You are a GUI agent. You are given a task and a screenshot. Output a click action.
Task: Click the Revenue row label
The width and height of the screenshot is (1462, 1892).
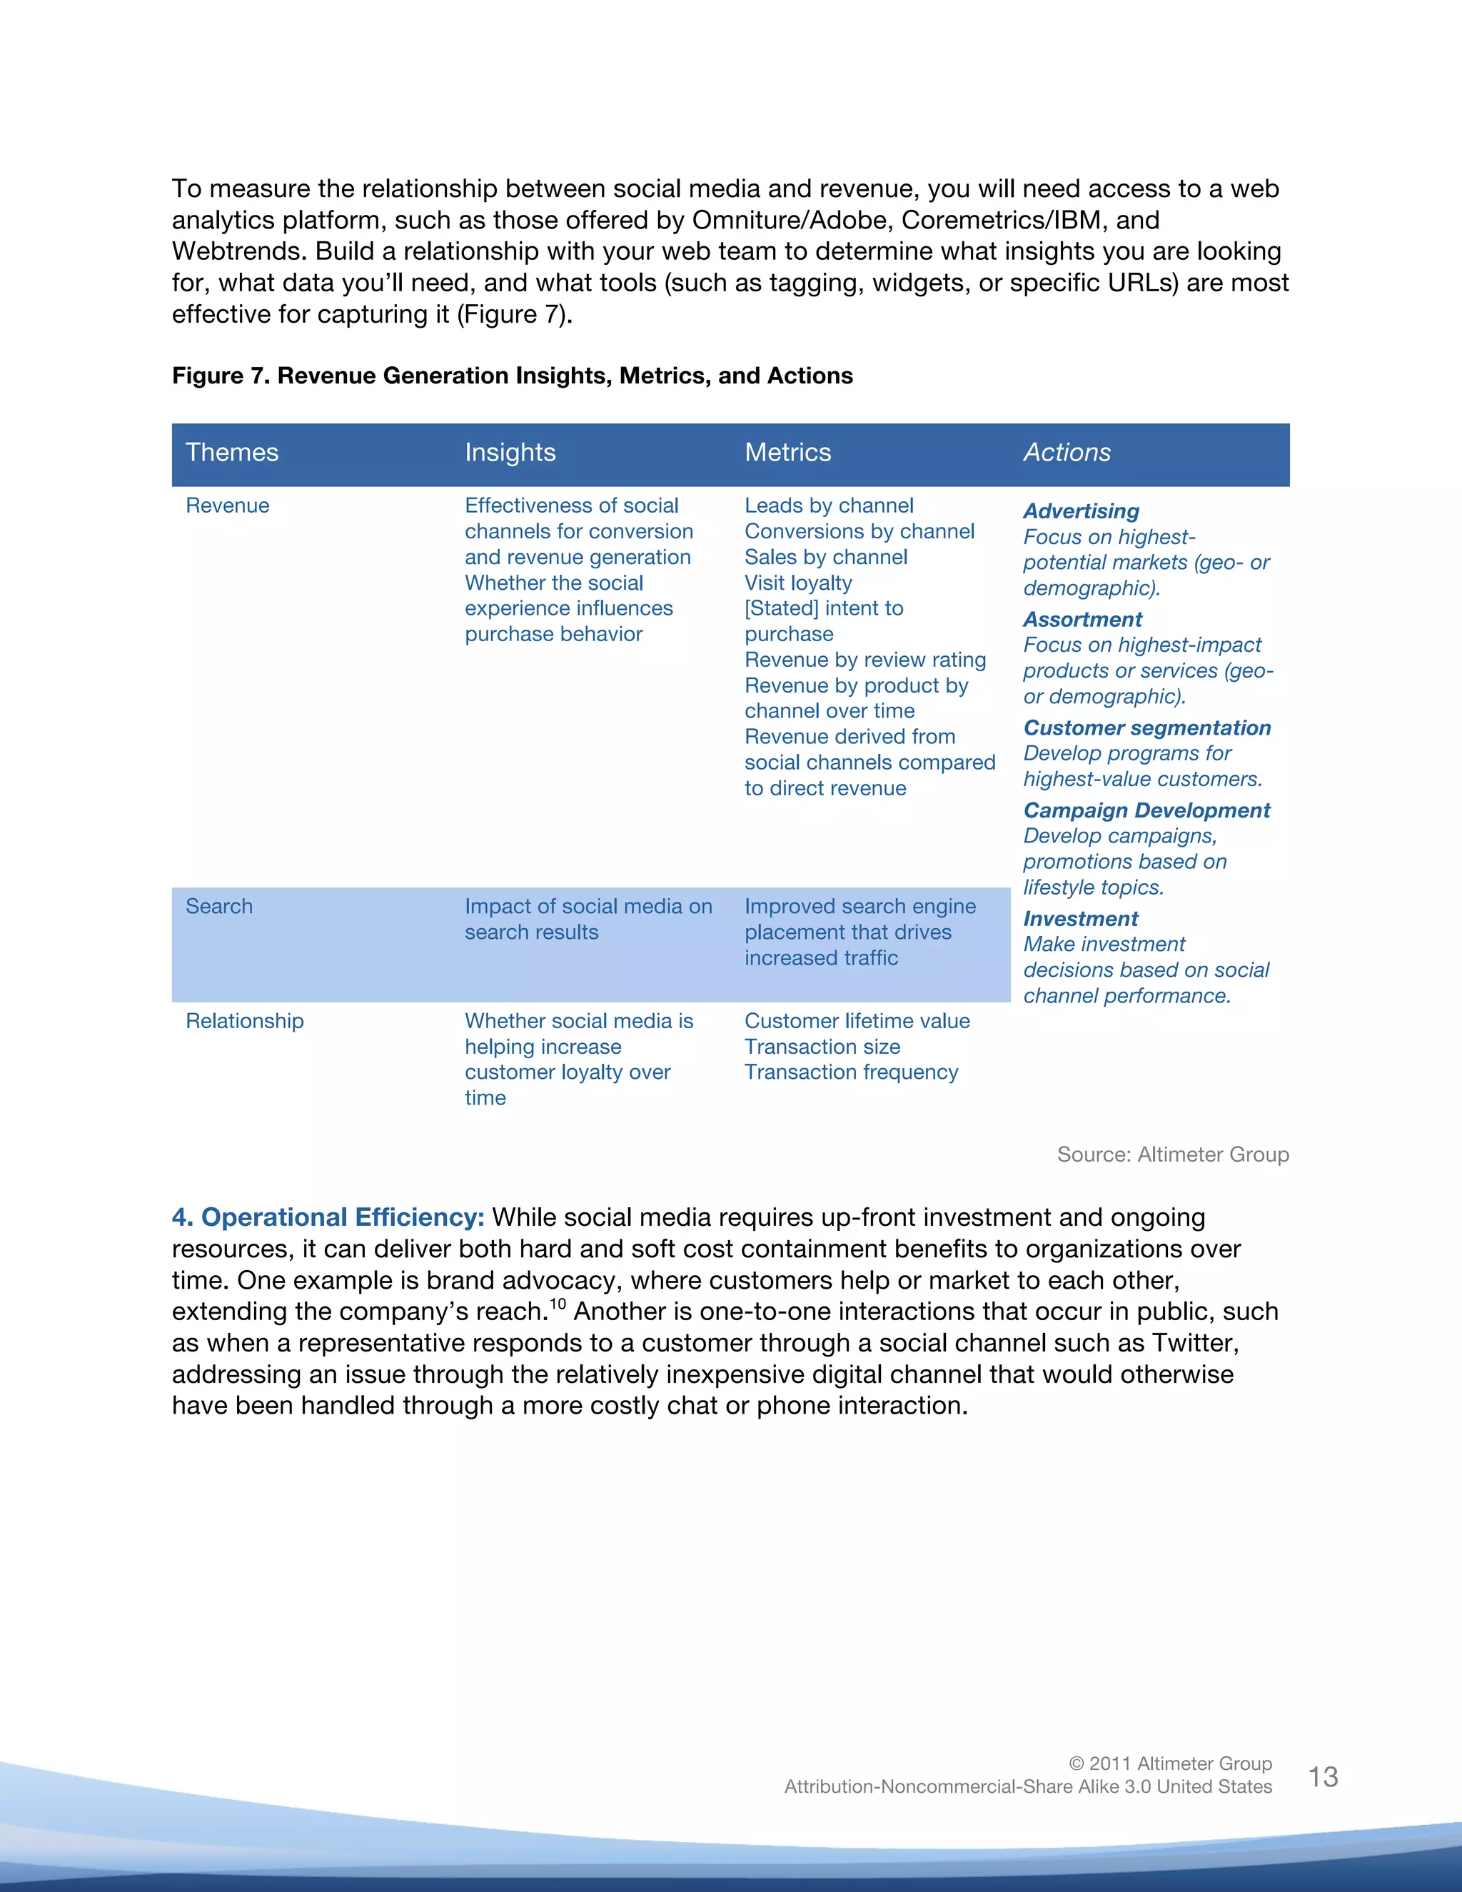coord(228,506)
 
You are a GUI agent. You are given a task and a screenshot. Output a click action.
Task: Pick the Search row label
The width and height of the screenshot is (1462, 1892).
coord(219,906)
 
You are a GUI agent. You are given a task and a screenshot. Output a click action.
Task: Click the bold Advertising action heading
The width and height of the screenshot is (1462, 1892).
coord(1081,511)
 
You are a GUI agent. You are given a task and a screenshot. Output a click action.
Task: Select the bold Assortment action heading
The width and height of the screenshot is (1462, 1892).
coord(1083,620)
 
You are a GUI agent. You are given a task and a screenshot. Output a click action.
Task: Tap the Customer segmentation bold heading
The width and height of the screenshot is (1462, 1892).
coord(1146,728)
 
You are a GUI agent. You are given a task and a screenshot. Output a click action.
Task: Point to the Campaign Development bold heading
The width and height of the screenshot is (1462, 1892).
coord(1146,810)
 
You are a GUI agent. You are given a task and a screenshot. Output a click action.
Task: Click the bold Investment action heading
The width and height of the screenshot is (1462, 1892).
coord(1080,918)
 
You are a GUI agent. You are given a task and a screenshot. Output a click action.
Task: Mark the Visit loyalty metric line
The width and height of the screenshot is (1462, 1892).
coord(797,583)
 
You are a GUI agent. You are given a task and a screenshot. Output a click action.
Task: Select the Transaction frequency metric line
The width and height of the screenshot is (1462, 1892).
coord(850,1072)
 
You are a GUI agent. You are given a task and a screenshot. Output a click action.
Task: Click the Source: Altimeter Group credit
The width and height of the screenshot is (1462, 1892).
coord(1173,1154)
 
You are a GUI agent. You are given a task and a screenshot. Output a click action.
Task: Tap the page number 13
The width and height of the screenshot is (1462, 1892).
coord(1323,1777)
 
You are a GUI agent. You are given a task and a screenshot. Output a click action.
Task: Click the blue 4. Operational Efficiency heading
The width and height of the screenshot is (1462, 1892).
coord(328,1217)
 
